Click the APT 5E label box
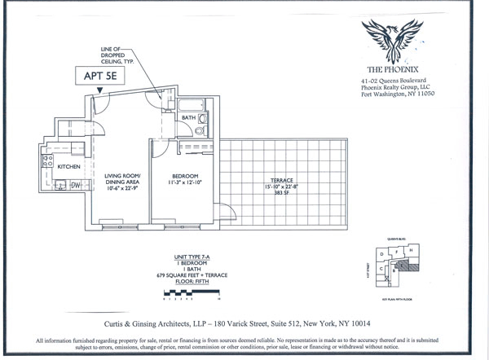104,77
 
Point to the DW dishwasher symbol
74,185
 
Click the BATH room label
188,118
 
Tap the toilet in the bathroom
200,130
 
